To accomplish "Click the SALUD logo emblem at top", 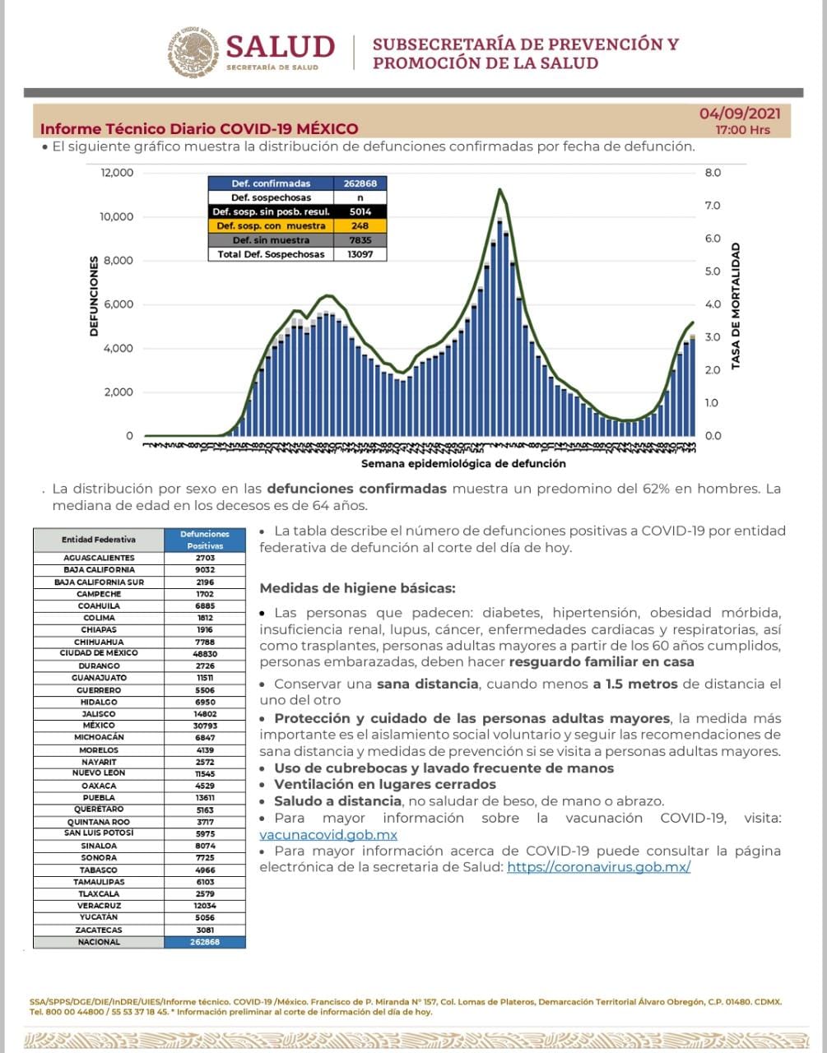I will pyautogui.click(x=195, y=51).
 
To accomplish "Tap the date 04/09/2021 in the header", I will pyautogui.click(x=740, y=114).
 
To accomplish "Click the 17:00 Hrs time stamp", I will pyautogui.click(x=742, y=130).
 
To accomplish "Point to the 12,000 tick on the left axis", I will pyautogui.click(x=117, y=173).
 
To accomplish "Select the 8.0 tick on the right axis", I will pyautogui.click(x=713, y=173).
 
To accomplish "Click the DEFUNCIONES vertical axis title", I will pyautogui.click(x=94, y=295).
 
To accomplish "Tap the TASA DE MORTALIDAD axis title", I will pyautogui.click(x=736, y=305).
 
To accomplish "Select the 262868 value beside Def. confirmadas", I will pyautogui.click(x=359, y=183).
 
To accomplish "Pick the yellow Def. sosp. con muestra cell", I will pyautogui.click(x=271, y=225).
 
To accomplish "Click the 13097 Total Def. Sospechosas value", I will pyautogui.click(x=359, y=254).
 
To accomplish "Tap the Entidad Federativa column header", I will pyautogui.click(x=99, y=540).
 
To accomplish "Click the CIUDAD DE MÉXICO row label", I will pyautogui.click(x=99, y=653).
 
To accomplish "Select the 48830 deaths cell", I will pyautogui.click(x=205, y=653).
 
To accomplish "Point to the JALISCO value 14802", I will pyautogui.click(x=205, y=714).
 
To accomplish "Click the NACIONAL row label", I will pyautogui.click(x=99, y=942).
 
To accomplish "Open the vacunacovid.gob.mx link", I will pyautogui.click(x=317, y=834).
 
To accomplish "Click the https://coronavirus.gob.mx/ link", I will pyautogui.click(x=598, y=867).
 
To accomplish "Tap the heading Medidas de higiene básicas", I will pyautogui.click(x=357, y=588).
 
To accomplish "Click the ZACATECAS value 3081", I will pyautogui.click(x=205, y=930).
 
